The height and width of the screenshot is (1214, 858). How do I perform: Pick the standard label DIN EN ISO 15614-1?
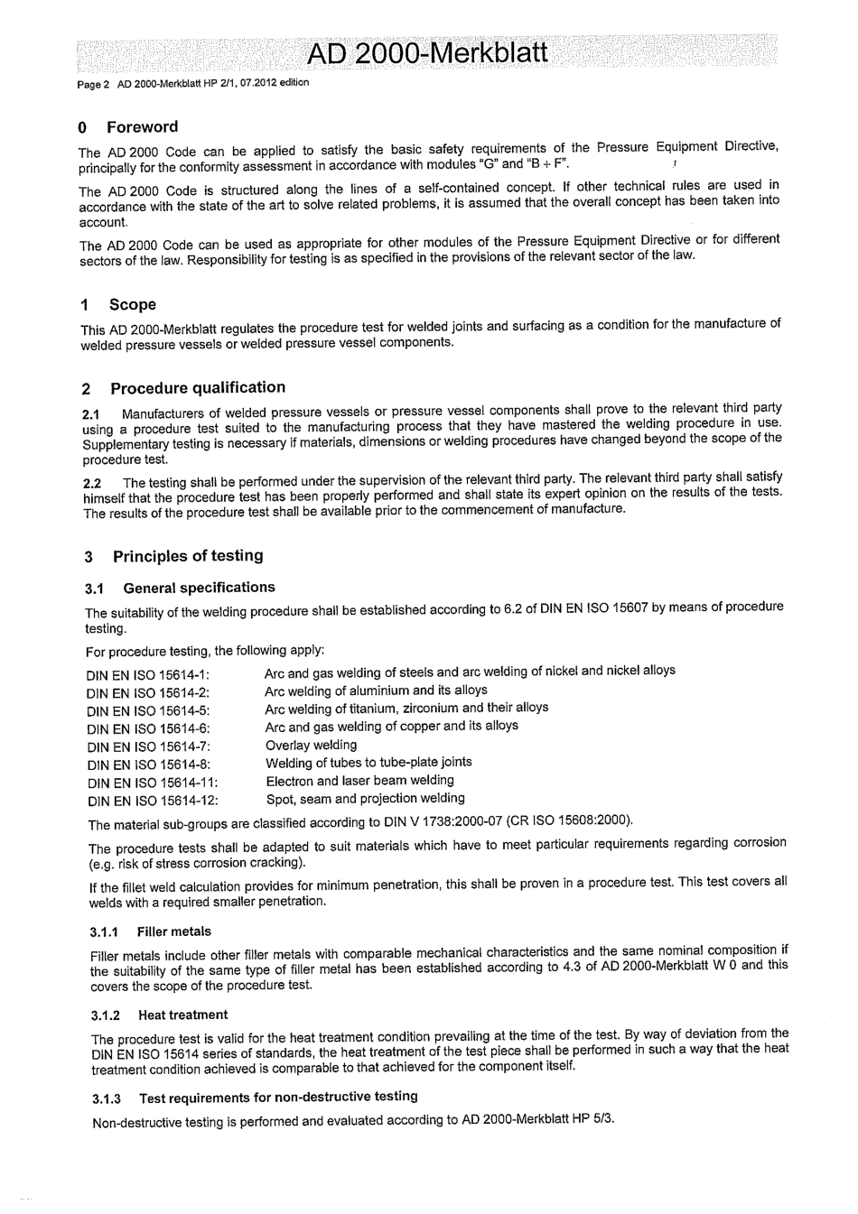tap(148, 675)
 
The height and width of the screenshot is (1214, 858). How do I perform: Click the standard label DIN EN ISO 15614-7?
tap(149, 747)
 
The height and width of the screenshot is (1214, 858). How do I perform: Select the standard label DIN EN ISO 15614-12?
tap(153, 801)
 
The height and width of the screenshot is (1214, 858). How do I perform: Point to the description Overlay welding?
tap(311, 746)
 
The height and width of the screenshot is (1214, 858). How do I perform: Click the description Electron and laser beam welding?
tap(359, 781)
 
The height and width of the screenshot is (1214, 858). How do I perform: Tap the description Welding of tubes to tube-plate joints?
tap(368, 763)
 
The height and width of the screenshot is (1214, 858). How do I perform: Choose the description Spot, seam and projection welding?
tap(365, 799)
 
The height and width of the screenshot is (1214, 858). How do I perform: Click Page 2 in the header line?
tap(94, 84)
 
